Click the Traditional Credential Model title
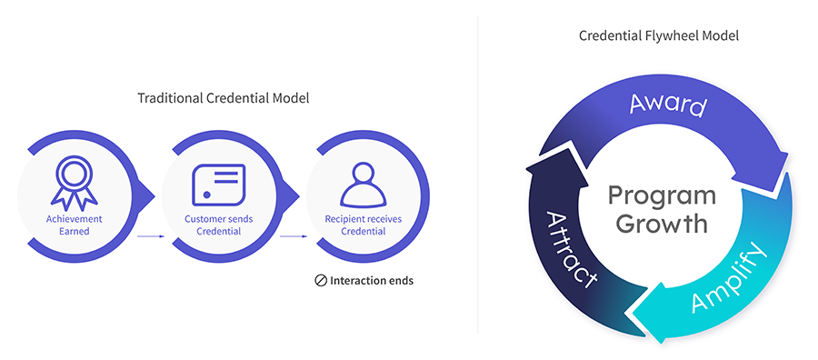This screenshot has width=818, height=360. point(223,98)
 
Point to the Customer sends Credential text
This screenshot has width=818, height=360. point(219,225)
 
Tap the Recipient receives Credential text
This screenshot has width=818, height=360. point(363,225)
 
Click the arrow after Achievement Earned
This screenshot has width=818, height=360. point(150,236)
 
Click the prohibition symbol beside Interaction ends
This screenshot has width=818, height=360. point(321,281)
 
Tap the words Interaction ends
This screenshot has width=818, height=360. point(372,281)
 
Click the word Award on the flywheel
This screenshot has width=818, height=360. point(668,104)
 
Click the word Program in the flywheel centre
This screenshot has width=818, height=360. point(661,195)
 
